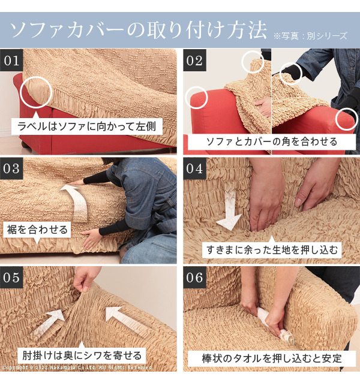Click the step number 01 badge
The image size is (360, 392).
tap(11, 61)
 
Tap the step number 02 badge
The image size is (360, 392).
tap(194, 61)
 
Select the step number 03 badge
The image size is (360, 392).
tap(11, 168)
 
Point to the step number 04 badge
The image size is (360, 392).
tap(194, 168)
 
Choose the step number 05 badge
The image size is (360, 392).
tap(11, 278)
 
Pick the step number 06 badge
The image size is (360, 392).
tap(194, 278)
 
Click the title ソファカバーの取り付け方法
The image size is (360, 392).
tap(138, 30)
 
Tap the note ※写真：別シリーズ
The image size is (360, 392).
tap(310, 36)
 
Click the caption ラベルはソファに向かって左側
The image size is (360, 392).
tap(87, 126)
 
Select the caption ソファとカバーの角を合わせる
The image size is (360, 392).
tap(272, 141)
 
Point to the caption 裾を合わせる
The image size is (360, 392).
tap(37, 230)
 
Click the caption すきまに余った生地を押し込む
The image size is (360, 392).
tap(272, 250)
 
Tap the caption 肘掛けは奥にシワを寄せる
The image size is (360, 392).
tap(82, 355)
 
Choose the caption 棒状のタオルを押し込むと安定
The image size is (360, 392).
tap(272, 358)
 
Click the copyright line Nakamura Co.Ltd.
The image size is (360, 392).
tap(77, 367)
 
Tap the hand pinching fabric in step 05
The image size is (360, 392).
tap(86, 278)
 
